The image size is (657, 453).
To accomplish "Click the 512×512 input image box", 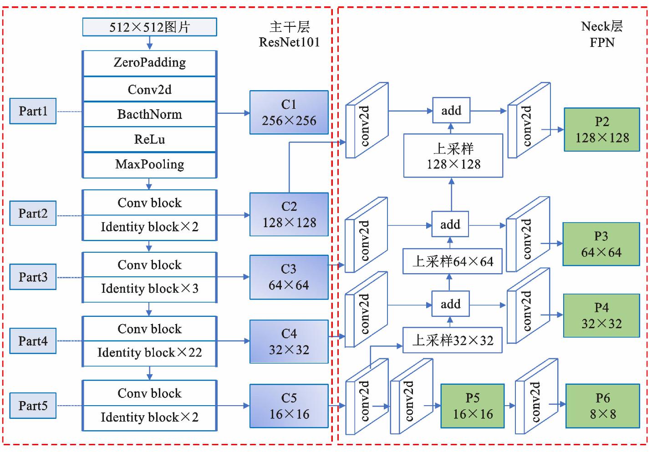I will coord(149,27).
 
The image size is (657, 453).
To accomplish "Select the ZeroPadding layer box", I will coord(149,63).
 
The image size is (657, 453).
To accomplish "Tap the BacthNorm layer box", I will coord(149,114).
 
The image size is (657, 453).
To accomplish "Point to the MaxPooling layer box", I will coord(149,164).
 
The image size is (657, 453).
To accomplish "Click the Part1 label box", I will coord(33,111).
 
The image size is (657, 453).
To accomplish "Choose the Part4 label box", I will coord(33,341).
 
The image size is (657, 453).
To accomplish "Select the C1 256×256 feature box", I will coord(289,112).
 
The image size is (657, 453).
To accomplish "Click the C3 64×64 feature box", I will coord(289,277).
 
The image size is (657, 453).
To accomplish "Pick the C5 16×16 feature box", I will coord(289,406).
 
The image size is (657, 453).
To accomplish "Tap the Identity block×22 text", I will coord(149,353).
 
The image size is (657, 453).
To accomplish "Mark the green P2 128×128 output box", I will coord(601,130).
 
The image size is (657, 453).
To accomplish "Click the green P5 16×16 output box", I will coord(472,406).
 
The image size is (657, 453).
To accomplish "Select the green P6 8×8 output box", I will coord(602,406).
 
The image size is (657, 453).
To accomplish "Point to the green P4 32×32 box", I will coord(601,316).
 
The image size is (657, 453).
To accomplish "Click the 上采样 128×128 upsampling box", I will coord(453,156).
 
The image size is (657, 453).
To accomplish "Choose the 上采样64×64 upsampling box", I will coord(453,261).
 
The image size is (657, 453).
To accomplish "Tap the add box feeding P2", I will coord(451,111).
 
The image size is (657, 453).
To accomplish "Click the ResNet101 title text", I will coord(289,42).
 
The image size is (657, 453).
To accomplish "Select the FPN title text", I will coord(602,43).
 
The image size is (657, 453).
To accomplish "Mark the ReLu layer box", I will coord(149,139).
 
